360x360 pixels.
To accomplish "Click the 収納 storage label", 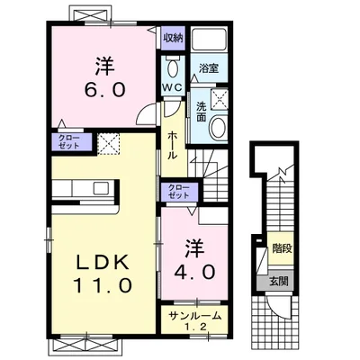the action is click(x=173, y=38).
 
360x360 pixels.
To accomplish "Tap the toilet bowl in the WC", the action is click(x=172, y=67).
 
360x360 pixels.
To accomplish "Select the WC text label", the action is click(x=172, y=87).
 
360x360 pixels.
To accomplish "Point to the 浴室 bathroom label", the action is click(x=209, y=68).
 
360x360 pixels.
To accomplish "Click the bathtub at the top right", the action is click(x=209, y=40).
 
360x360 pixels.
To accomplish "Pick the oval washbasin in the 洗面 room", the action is click(x=218, y=127).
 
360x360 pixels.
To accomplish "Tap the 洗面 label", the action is click(x=201, y=112).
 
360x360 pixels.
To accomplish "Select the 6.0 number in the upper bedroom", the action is click(x=104, y=89).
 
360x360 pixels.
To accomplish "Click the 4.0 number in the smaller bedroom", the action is click(x=195, y=273).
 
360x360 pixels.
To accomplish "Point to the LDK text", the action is click(x=103, y=262).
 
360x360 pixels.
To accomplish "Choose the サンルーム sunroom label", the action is click(x=195, y=316).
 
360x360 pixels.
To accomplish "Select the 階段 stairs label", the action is click(x=282, y=248).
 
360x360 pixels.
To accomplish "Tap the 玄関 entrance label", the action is click(x=279, y=281).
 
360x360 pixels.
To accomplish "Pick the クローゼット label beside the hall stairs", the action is click(x=179, y=192).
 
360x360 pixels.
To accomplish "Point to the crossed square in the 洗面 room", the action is click(x=220, y=98).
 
